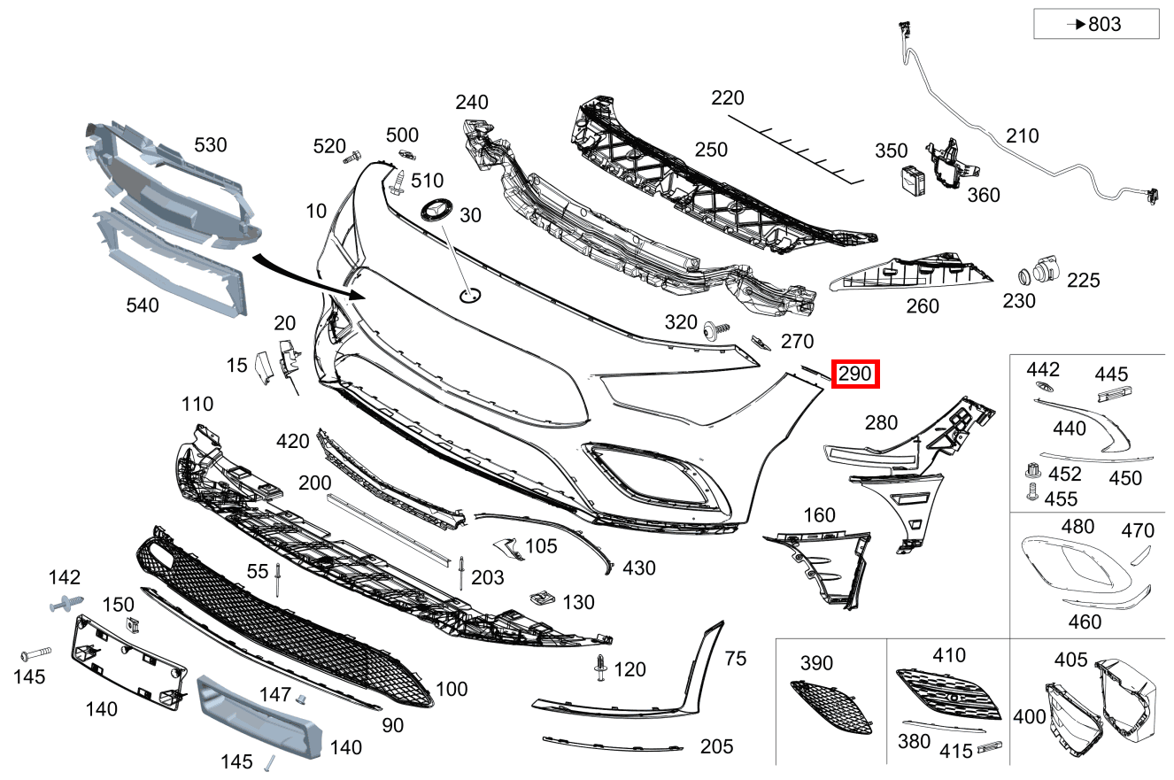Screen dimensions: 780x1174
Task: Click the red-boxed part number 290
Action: pyautogui.click(x=855, y=375)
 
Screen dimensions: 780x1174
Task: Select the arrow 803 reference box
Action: pyautogui.click(x=1096, y=24)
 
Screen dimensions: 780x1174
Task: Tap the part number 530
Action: pyautogui.click(x=210, y=144)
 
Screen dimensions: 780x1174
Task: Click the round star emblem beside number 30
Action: pyautogui.click(x=436, y=209)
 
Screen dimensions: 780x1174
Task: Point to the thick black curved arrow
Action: pyautogui.click(x=305, y=278)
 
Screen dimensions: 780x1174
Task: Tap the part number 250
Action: pyautogui.click(x=711, y=150)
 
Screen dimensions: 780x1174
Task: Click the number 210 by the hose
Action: pyautogui.click(x=1022, y=135)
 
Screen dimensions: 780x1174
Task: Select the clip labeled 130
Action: pyautogui.click(x=542, y=598)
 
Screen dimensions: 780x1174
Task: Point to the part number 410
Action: pyautogui.click(x=948, y=655)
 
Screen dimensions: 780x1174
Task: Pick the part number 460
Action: pyautogui.click(x=1085, y=621)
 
